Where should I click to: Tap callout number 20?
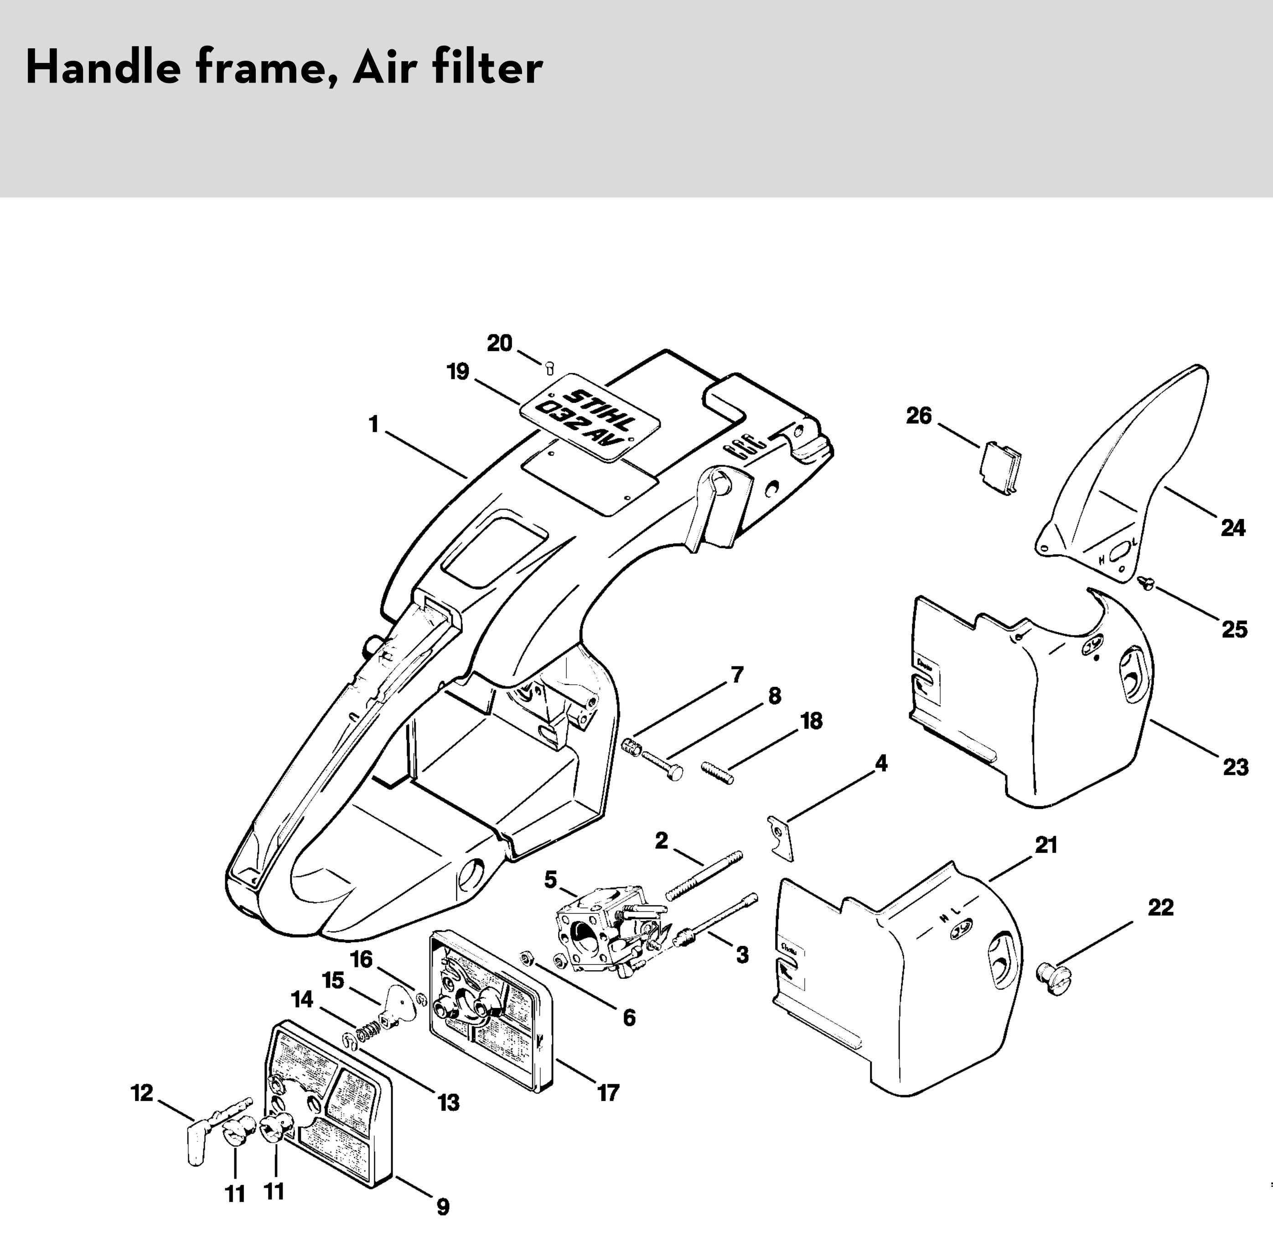tap(499, 343)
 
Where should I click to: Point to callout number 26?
tap(918, 416)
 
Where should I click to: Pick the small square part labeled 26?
tap(999, 466)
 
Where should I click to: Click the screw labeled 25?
tap(1147, 584)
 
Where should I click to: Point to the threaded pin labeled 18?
tap(718, 772)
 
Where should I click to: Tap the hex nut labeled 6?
tap(528, 956)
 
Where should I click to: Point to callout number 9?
tap(442, 1207)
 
